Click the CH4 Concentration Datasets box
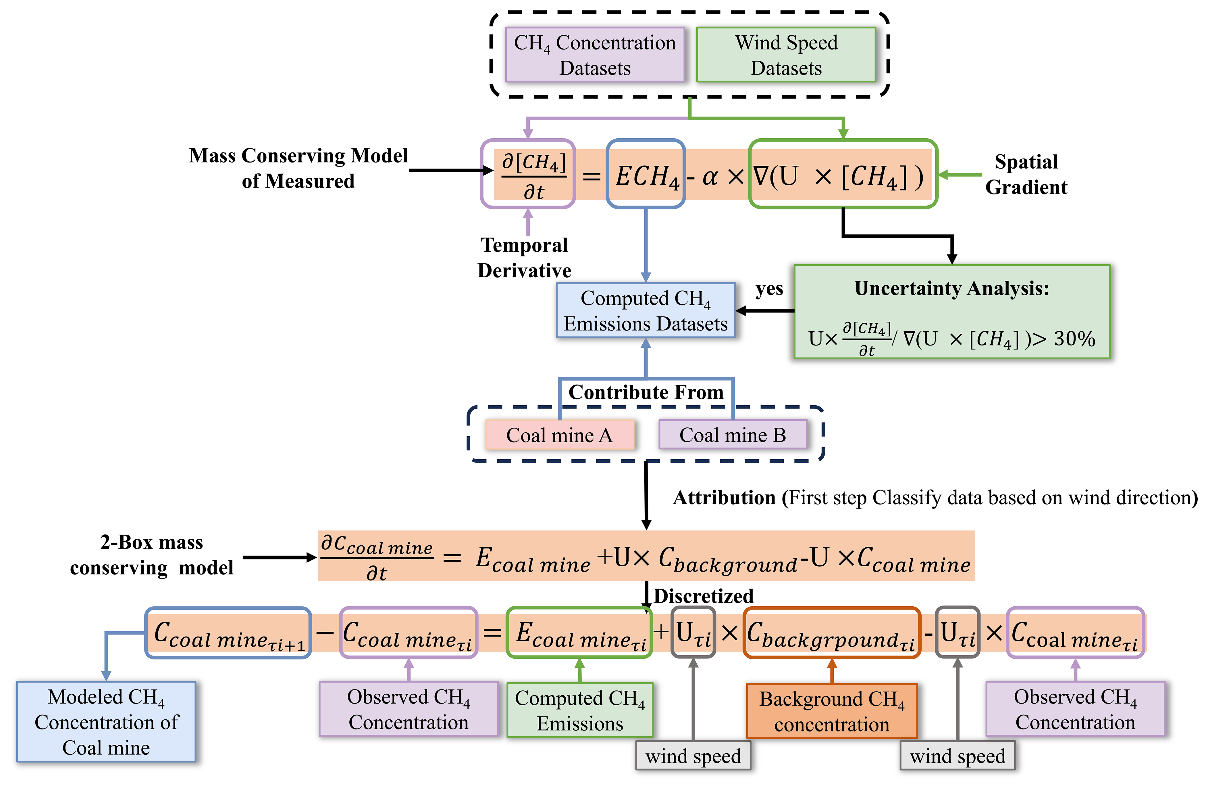(595, 55)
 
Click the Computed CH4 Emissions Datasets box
(646, 310)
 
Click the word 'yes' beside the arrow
(769, 289)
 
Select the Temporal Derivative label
(524, 257)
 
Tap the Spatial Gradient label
(1026, 174)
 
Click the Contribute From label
(646, 392)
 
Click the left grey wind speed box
(693, 756)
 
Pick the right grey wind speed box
(957, 756)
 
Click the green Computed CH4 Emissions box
(580, 710)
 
